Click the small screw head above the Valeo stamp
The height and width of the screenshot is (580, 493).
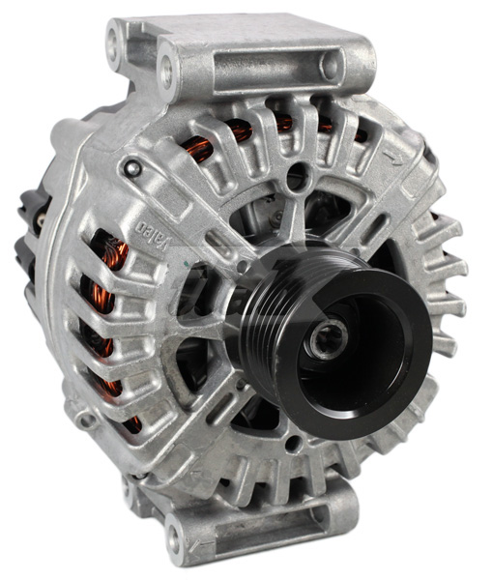[x=133, y=169]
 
